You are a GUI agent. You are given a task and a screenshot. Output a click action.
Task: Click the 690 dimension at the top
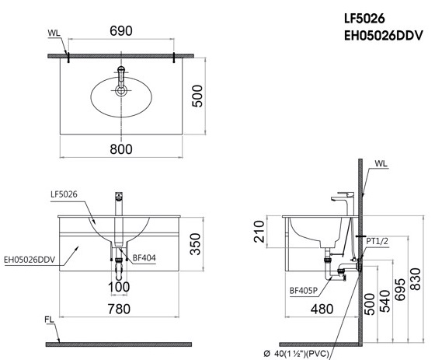coord(120,31)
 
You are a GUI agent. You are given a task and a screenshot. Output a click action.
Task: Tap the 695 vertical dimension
coord(399,288)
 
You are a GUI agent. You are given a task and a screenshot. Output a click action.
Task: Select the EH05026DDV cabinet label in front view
coord(30,260)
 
